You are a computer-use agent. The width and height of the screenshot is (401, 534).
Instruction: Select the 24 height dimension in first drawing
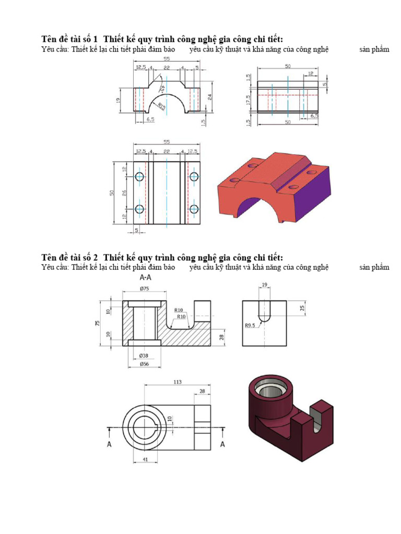point(209,96)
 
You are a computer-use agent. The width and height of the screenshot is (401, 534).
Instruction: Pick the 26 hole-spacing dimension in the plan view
point(125,193)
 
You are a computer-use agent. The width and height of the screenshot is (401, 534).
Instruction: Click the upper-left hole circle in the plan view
point(139,177)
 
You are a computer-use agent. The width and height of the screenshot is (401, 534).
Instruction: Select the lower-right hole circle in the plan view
point(194,209)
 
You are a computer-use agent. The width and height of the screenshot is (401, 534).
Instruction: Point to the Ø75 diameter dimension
point(144,289)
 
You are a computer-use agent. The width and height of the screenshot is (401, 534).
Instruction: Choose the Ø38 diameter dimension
point(144,356)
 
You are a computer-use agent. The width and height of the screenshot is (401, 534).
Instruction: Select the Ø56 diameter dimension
point(144,364)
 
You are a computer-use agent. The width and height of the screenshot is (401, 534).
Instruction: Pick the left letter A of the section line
point(109,444)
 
